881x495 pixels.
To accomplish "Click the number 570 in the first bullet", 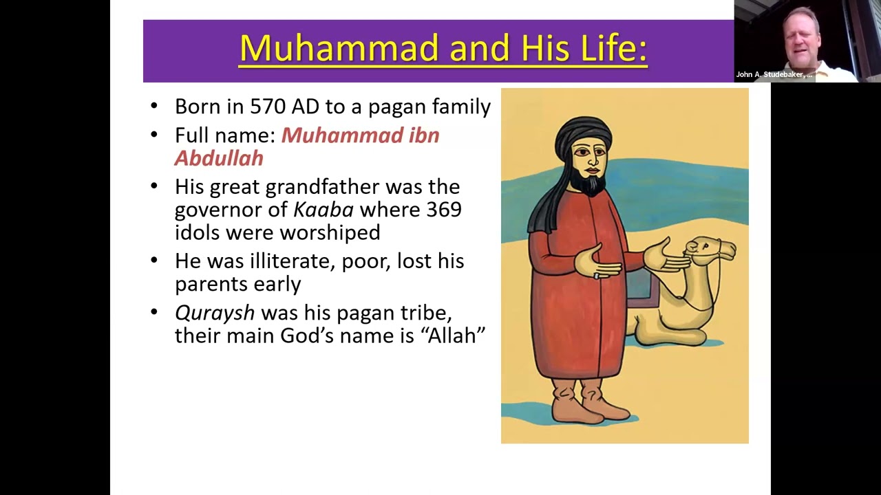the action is (268, 106).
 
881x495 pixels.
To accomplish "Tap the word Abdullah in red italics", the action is (219, 158).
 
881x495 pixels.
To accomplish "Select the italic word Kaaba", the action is (323, 210).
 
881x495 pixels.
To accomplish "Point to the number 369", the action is (444, 210).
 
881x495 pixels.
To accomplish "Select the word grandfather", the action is (322, 186).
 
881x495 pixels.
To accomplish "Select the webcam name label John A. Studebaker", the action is (774, 74).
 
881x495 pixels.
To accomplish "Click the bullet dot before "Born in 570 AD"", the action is (153, 106).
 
